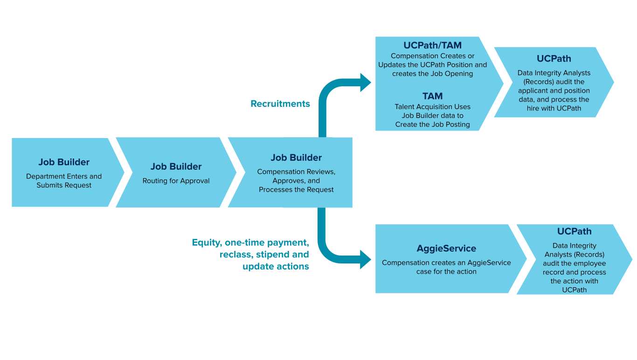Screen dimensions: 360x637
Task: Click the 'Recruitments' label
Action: click(280, 104)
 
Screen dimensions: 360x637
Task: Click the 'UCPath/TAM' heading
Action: click(432, 46)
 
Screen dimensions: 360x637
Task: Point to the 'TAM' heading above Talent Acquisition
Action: click(432, 96)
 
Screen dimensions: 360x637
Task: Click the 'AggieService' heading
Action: click(446, 249)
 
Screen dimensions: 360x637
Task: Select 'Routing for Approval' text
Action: click(176, 181)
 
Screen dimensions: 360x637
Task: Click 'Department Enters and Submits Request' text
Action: click(64, 181)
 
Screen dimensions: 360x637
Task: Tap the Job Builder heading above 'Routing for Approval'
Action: click(176, 166)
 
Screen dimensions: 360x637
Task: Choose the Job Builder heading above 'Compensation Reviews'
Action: click(296, 158)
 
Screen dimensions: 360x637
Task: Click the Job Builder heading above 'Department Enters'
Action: click(64, 162)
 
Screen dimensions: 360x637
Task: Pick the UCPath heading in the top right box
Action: click(554, 59)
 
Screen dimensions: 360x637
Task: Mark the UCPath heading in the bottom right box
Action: click(574, 231)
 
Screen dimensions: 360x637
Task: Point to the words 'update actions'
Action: click(276, 267)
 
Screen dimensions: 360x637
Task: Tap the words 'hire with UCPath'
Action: click(554, 109)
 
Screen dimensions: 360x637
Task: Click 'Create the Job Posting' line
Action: click(432, 125)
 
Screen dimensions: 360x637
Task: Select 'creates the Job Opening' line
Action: click(432, 74)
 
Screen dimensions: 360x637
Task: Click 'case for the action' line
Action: click(446, 271)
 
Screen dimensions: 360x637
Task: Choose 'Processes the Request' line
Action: click(296, 190)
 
